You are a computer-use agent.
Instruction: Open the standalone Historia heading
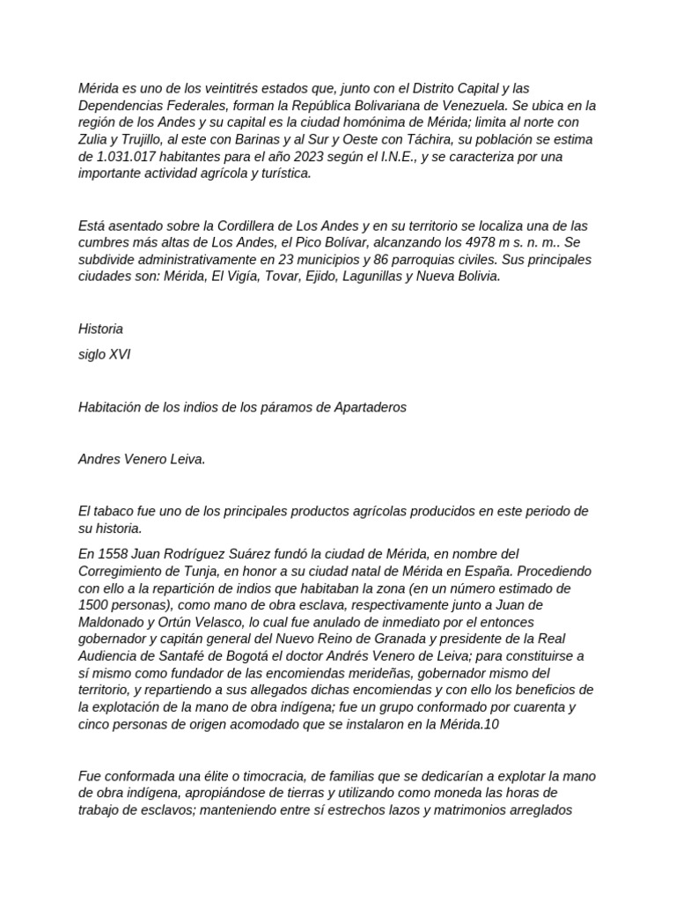click(100, 329)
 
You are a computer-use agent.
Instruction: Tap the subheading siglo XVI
click(105, 354)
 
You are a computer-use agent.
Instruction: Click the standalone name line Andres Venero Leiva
click(141, 459)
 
